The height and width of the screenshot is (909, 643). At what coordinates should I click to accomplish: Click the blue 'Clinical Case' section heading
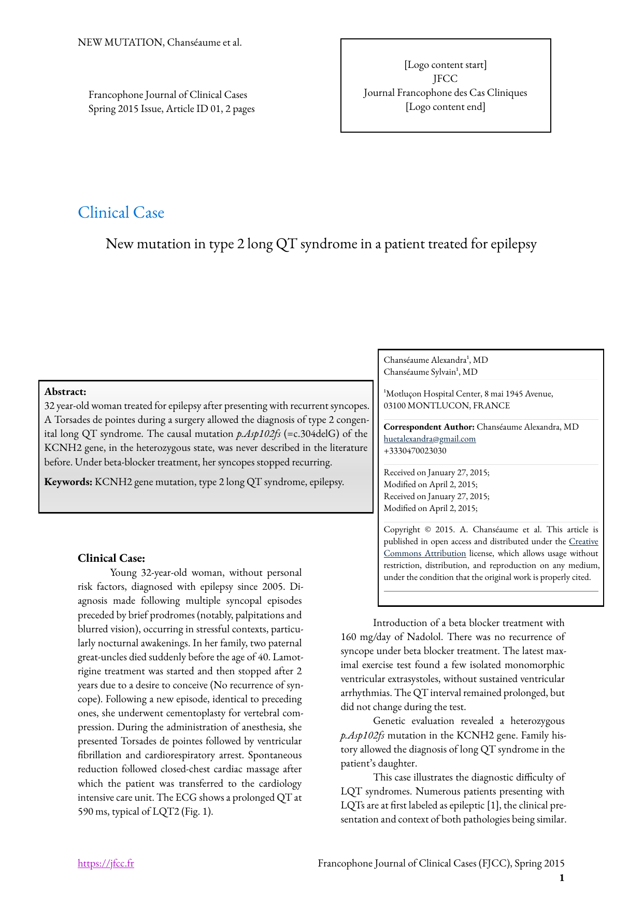click(121, 212)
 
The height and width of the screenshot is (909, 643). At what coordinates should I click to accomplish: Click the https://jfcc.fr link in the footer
click(106, 863)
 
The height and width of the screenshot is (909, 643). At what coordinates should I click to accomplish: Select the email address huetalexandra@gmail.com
click(430, 439)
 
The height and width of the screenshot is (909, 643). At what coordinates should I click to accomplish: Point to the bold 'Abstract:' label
click(65, 392)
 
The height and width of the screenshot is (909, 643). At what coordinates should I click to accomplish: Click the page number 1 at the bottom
click(562, 877)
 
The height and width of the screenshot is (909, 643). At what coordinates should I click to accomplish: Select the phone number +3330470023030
click(415, 451)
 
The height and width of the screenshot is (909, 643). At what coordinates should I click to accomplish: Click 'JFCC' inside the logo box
click(445, 79)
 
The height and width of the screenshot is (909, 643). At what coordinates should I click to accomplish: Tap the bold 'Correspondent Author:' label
click(429, 427)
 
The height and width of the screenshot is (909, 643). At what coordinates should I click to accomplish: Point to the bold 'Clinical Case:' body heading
click(111, 558)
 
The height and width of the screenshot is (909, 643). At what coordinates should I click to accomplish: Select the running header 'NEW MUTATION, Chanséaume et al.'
click(160, 42)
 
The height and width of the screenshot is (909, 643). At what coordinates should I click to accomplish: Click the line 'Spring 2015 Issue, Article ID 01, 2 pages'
click(172, 109)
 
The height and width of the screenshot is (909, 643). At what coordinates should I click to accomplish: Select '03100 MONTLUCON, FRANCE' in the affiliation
click(447, 406)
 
